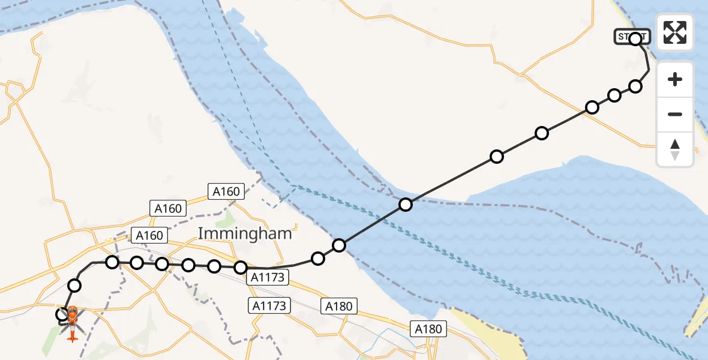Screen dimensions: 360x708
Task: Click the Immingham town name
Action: (x=245, y=233)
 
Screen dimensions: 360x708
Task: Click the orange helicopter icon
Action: (x=71, y=322)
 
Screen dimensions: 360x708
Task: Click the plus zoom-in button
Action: (x=675, y=79)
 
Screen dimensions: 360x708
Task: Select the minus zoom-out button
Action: (x=675, y=114)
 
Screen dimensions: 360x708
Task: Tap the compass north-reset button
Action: (x=675, y=149)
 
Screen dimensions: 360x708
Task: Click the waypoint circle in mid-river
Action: (x=406, y=205)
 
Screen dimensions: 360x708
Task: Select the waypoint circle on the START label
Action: (x=635, y=39)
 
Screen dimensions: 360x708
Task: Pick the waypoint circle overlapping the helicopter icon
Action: (x=62, y=314)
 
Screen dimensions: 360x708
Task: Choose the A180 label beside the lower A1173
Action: (x=339, y=306)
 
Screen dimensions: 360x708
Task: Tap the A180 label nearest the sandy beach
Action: (x=428, y=328)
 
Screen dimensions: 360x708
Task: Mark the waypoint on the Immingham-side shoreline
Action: (x=339, y=245)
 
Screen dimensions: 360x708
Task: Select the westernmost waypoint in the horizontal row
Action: (x=112, y=262)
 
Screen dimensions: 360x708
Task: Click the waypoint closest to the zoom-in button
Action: (x=635, y=86)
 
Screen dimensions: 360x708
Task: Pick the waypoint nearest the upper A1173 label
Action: (x=241, y=267)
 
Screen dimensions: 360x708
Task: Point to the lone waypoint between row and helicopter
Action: (x=74, y=285)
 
